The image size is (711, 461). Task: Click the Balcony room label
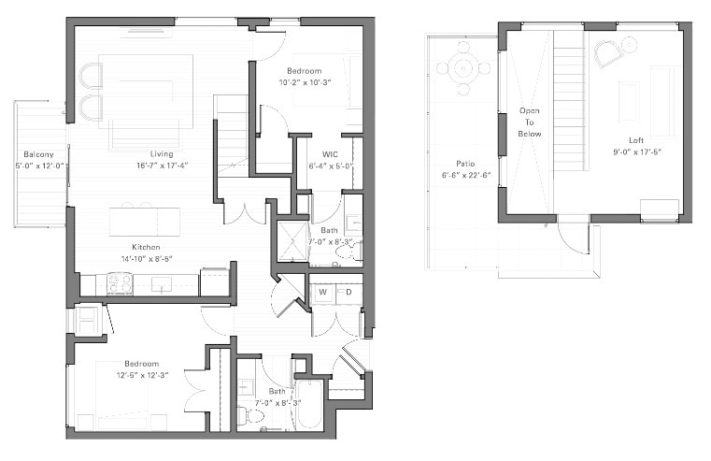click(38, 154)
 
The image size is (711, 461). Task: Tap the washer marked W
click(323, 292)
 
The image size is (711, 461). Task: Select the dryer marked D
click(348, 292)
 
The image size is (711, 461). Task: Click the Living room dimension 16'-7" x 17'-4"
click(163, 166)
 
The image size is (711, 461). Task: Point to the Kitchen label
click(146, 247)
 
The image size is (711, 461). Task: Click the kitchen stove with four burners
click(120, 284)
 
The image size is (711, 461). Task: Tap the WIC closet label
click(330, 154)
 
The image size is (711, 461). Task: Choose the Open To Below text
click(530, 122)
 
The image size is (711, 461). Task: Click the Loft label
click(635, 140)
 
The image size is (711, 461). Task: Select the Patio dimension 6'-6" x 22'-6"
click(466, 175)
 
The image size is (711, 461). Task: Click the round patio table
click(463, 68)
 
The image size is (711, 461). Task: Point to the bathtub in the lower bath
click(309, 404)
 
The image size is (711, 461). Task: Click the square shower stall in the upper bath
click(292, 242)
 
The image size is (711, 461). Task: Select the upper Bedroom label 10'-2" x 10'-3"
click(305, 82)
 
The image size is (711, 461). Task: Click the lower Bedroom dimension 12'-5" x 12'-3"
click(143, 375)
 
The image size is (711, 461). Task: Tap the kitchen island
click(145, 222)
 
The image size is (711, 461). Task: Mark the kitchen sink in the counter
click(162, 285)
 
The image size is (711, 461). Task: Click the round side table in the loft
click(630, 45)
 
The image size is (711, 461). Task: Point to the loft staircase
click(569, 100)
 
